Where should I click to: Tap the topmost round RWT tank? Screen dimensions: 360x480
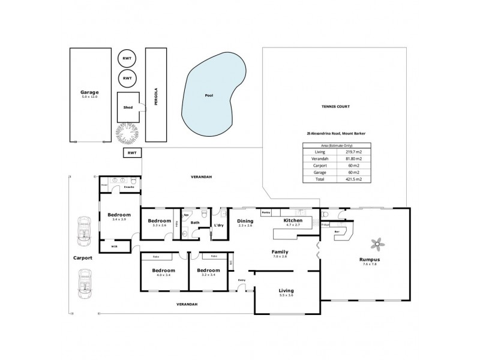(x=127, y=58)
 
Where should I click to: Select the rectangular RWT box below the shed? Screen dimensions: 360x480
(x=131, y=154)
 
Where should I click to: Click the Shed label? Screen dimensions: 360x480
(x=128, y=107)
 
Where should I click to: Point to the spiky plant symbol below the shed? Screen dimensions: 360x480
(x=128, y=133)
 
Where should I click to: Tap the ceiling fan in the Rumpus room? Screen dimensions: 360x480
(x=378, y=244)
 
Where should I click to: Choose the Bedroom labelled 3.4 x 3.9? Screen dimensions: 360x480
(x=119, y=217)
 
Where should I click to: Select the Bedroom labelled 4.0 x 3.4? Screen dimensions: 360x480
(x=159, y=272)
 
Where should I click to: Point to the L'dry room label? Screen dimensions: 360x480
(x=219, y=225)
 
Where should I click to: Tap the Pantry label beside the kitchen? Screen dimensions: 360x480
(x=266, y=212)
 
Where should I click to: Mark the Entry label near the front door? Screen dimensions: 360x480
(x=242, y=280)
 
